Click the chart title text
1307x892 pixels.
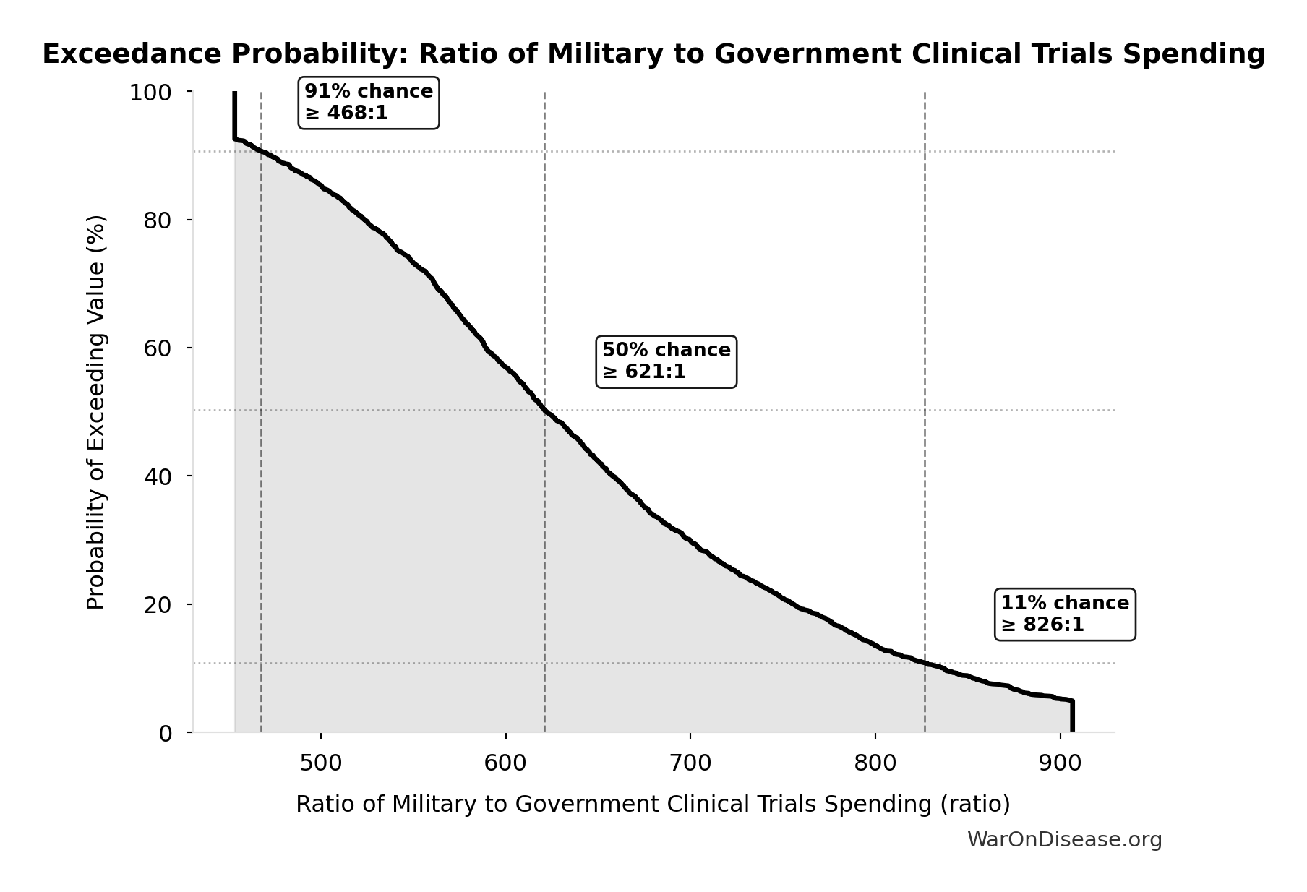(653, 55)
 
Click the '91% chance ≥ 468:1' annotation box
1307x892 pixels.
(369, 103)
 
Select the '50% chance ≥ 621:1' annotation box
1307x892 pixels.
(666, 361)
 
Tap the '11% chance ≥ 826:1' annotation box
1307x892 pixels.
(1065, 614)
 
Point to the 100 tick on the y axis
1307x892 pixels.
(150, 93)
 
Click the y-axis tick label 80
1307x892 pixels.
(157, 220)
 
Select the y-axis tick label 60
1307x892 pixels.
(157, 348)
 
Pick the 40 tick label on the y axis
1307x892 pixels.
(157, 476)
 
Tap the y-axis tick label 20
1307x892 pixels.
(157, 604)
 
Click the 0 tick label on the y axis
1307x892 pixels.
(165, 733)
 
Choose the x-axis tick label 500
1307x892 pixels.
(321, 763)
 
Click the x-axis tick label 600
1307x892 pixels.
(506, 763)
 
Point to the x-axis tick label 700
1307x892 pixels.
(690, 763)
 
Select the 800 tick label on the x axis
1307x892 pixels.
(875, 763)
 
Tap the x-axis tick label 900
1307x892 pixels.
(1060, 763)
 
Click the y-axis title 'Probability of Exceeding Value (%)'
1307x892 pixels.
(96, 412)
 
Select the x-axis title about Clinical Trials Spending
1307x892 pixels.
(653, 805)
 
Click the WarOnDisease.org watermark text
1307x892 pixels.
(1064, 840)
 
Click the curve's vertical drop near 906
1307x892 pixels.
(1072, 717)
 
